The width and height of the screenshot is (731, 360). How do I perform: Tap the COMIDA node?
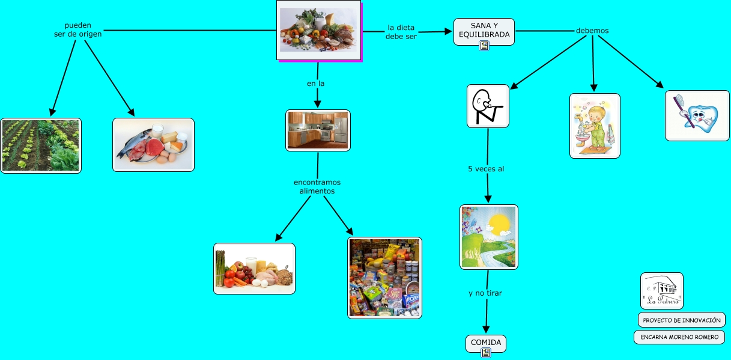point(485,342)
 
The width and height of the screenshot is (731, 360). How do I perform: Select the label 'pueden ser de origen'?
point(77,29)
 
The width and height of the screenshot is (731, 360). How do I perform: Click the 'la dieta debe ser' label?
point(401,31)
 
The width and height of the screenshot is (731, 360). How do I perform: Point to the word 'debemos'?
point(592,31)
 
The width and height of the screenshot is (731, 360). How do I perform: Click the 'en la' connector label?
point(315,84)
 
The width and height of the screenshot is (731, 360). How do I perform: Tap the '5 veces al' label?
point(485,169)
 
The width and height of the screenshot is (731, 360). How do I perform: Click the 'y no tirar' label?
point(485,293)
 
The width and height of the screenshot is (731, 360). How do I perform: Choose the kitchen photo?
point(318,130)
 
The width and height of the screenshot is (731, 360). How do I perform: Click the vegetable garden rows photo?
point(41,145)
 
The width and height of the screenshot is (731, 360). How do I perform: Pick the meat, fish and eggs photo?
point(153,145)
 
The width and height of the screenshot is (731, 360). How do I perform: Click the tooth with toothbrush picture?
point(697,115)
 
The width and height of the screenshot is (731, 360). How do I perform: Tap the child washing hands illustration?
point(594,126)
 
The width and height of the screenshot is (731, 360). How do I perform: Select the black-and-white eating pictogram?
point(488,106)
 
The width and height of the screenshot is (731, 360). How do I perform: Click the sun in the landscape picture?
point(498,224)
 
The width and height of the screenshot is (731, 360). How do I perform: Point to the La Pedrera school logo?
point(661,291)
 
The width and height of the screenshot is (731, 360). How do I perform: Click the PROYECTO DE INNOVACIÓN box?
point(681,320)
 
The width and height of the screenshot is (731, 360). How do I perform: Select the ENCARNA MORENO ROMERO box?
point(679,337)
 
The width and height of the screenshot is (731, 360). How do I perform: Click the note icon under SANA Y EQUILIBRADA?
point(484,46)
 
